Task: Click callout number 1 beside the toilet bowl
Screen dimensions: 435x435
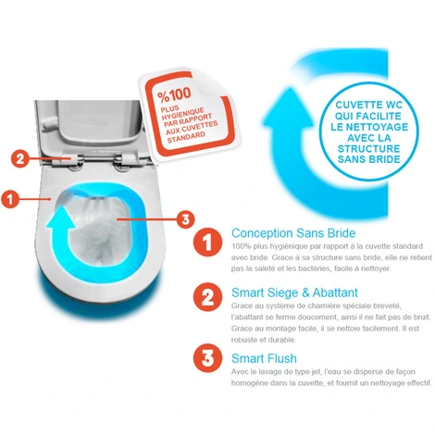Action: (x=10, y=199)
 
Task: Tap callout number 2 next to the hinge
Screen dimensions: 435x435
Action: (x=20, y=158)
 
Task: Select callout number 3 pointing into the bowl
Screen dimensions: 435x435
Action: (x=185, y=219)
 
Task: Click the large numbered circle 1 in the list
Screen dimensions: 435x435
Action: (x=208, y=242)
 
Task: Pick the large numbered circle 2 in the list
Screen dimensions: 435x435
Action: (x=208, y=297)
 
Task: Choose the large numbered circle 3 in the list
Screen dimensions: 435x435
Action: (x=208, y=358)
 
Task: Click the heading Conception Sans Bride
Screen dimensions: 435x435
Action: (x=293, y=233)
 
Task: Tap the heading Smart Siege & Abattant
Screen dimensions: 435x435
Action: (x=294, y=292)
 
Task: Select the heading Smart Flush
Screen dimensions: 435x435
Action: (x=264, y=358)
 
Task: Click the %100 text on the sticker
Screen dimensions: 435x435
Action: (x=174, y=94)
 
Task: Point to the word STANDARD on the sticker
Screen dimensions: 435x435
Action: (x=186, y=137)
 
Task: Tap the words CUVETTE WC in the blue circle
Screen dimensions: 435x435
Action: (x=369, y=105)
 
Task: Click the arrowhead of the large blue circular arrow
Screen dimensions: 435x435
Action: (x=288, y=108)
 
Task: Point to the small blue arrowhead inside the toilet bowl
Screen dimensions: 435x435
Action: (x=61, y=217)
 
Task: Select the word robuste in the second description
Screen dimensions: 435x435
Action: (x=244, y=340)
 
